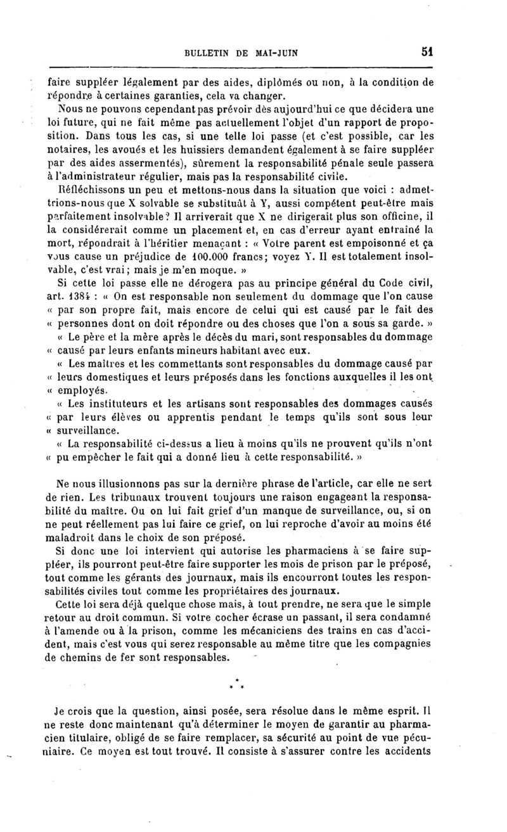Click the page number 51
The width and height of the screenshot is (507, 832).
coord(425,53)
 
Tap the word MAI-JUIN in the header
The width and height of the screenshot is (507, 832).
coord(276,54)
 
